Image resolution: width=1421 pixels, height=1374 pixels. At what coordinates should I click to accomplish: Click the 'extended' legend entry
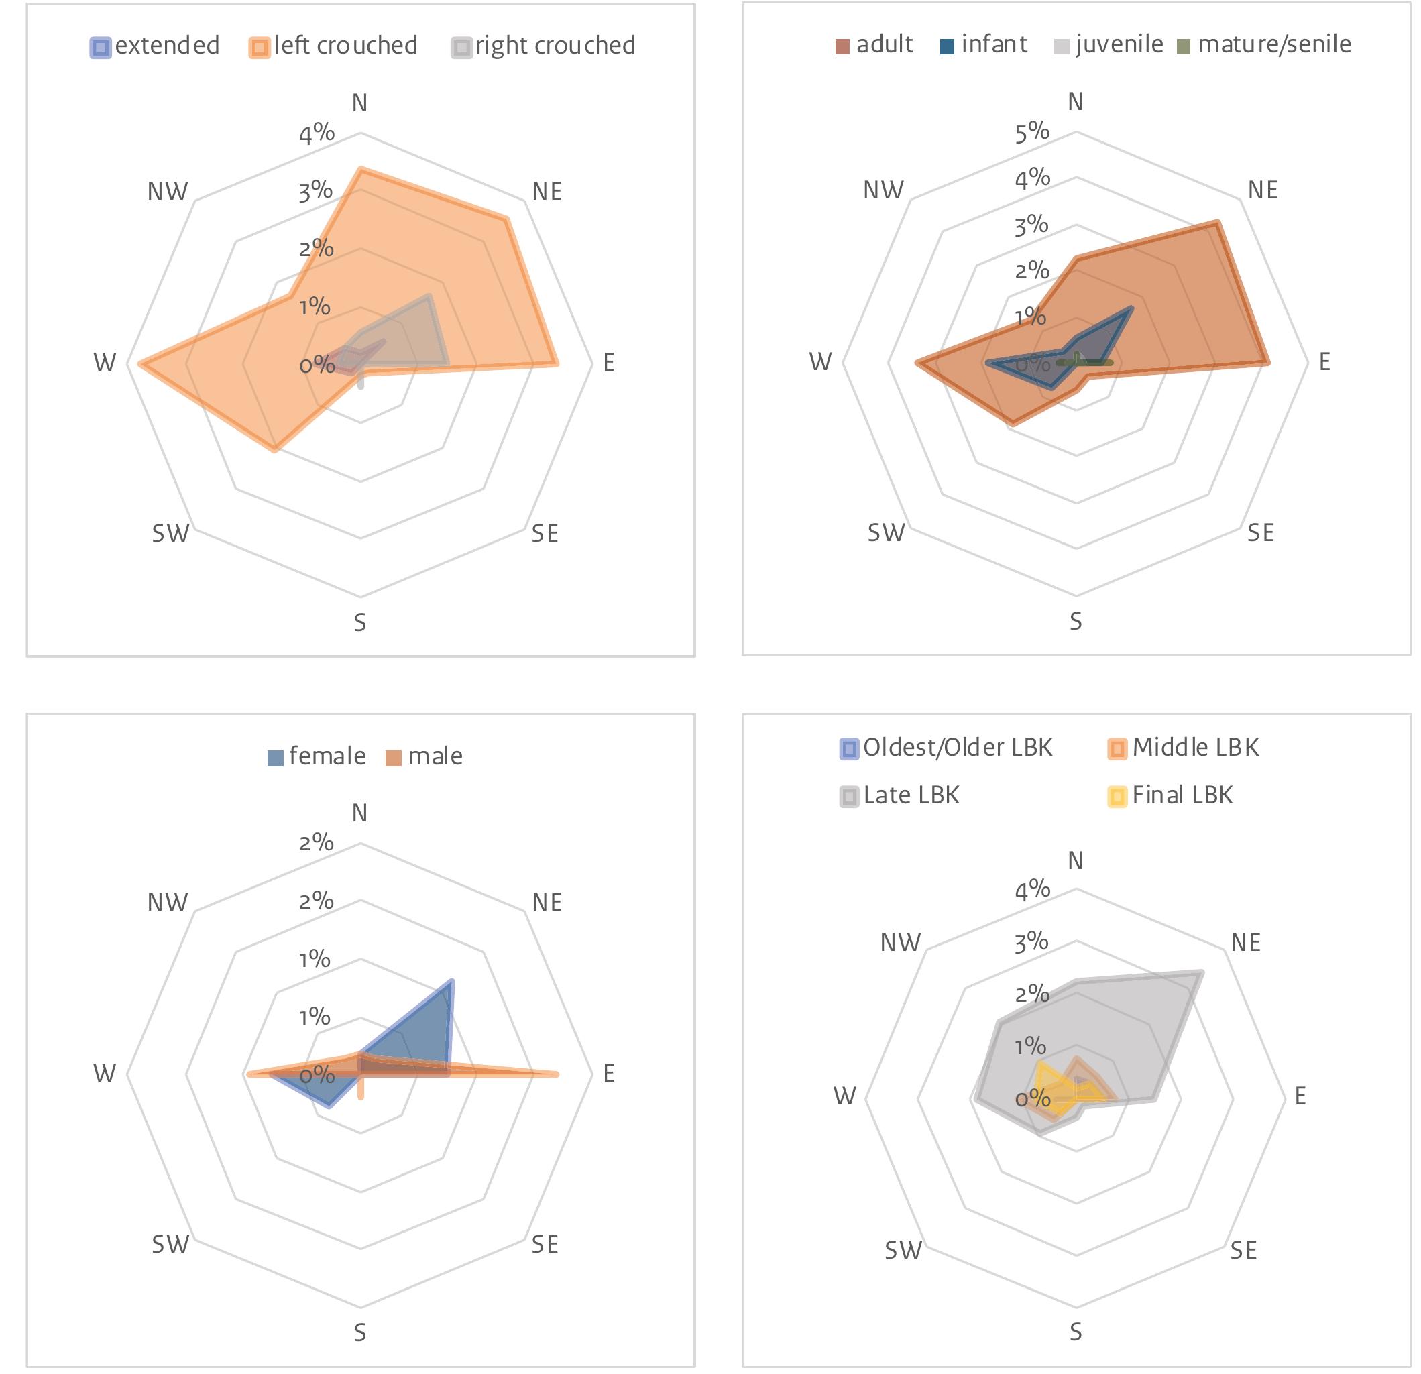(x=155, y=46)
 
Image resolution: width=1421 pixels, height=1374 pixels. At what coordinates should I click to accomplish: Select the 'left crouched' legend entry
(x=333, y=46)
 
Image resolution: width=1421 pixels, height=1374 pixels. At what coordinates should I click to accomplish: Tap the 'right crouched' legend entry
(x=544, y=46)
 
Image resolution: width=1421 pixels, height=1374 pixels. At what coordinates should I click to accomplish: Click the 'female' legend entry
(x=317, y=757)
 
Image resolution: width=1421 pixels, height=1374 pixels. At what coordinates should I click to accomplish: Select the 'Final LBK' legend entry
(x=1171, y=796)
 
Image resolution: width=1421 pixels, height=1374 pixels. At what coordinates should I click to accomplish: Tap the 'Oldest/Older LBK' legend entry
(x=947, y=748)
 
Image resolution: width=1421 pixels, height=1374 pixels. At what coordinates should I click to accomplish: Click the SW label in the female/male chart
(x=170, y=1244)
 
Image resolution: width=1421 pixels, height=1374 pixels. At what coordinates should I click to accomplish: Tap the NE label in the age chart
(x=1262, y=190)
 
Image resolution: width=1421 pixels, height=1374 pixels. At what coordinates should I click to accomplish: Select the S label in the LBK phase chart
(x=1076, y=1332)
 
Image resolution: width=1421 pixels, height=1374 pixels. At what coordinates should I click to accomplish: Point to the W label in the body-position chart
(x=105, y=363)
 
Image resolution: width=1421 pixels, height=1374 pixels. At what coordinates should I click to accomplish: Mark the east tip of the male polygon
(x=557, y=1074)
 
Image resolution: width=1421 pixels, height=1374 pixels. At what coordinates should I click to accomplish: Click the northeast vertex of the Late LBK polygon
(x=1202, y=972)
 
